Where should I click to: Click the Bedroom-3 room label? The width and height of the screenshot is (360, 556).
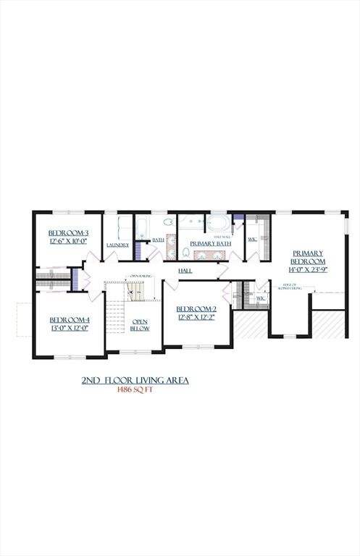[68, 233]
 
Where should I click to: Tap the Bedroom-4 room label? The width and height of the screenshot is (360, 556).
[69, 319]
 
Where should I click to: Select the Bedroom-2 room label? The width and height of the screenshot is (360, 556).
[196, 308]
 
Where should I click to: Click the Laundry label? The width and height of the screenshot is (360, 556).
[117, 245]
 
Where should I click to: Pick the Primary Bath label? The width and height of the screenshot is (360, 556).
[211, 244]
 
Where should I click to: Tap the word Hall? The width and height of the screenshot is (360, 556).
[186, 270]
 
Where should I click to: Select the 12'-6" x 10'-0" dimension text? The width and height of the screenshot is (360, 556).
[68, 241]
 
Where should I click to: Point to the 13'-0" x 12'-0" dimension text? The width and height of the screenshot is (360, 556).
[69, 328]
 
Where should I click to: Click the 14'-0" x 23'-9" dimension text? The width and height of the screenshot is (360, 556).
[308, 269]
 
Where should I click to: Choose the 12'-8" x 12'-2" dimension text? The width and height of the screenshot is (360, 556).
[196, 316]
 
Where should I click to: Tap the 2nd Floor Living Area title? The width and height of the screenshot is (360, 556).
[135, 379]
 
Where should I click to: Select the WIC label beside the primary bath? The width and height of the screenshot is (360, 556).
[252, 239]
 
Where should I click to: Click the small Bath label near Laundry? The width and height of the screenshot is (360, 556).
[157, 239]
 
